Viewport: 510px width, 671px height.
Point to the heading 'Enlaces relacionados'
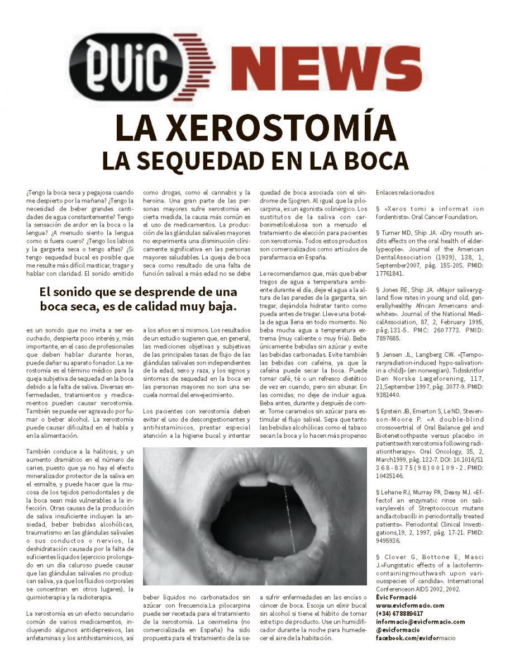click(x=404, y=193)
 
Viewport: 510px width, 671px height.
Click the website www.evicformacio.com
click(x=410, y=605)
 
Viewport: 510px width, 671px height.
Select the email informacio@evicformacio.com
click(x=420, y=621)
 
